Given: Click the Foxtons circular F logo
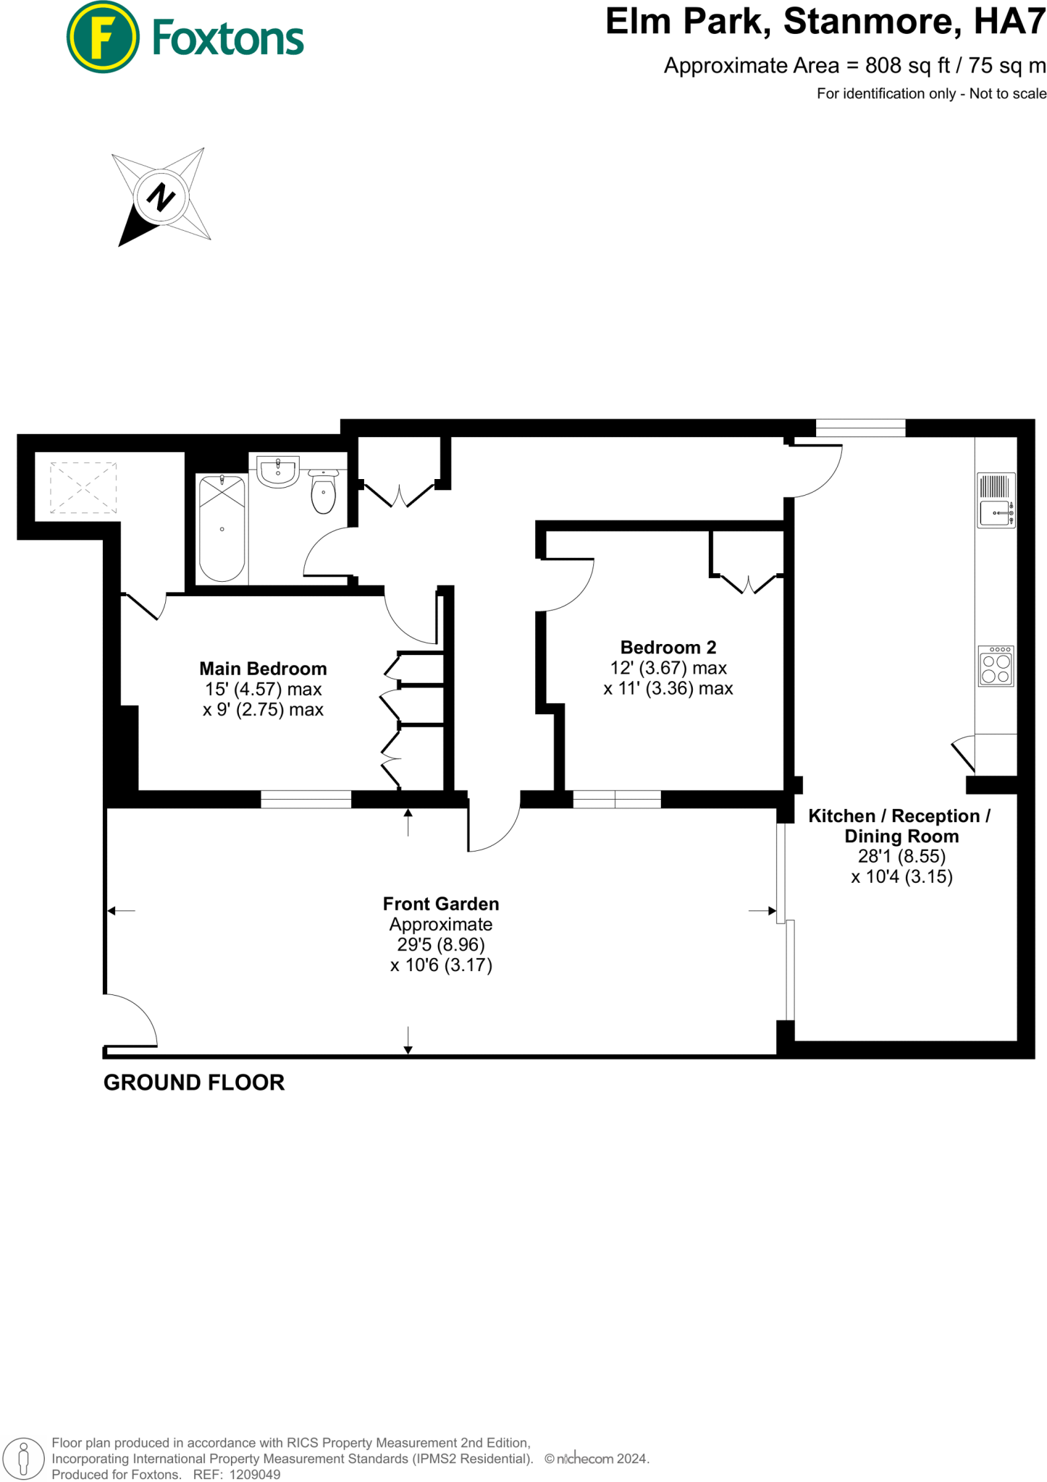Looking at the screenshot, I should (x=103, y=37).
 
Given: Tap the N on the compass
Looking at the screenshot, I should (x=161, y=197).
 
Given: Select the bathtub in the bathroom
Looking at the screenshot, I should (x=222, y=528).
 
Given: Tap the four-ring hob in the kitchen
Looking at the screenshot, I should (x=996, y=666).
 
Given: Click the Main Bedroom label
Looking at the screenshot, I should (x=263, y=669).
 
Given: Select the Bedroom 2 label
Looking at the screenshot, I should (x=668, y=647).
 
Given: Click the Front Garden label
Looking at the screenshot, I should (x=440, y=904).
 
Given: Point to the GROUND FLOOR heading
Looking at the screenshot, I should (x=194, y=1083).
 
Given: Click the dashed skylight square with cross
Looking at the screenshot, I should (x=83, y=488).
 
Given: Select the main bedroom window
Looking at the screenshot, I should (x=306, y=799).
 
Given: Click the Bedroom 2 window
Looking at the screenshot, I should (x=616, y=799).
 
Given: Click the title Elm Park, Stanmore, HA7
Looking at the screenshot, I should (x=825, y=22).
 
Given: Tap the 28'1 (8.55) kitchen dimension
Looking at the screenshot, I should (x=901, y=857).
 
